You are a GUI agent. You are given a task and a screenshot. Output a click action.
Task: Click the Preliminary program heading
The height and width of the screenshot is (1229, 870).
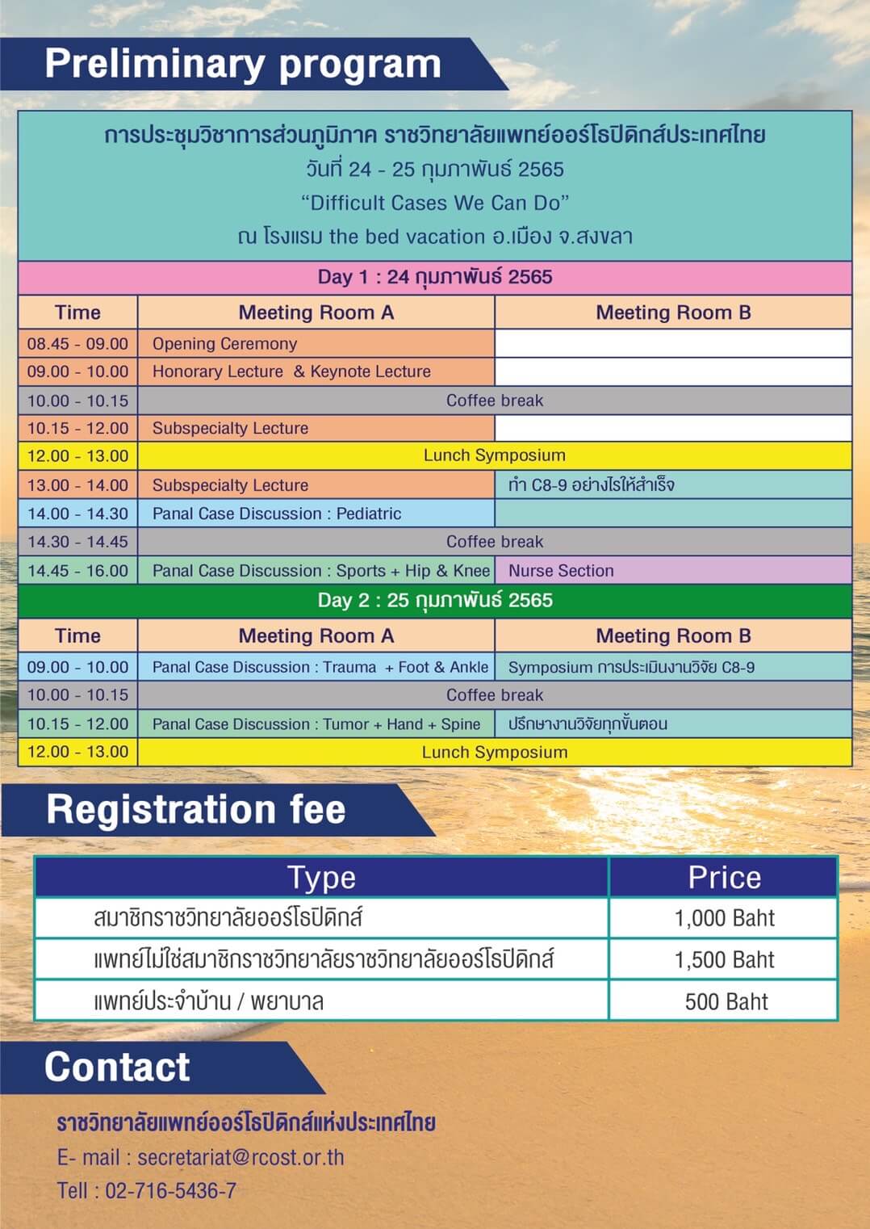242,65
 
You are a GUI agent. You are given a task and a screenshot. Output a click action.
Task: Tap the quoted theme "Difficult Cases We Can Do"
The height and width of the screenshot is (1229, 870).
435,203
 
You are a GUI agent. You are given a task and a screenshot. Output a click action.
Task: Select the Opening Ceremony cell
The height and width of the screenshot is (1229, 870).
316,343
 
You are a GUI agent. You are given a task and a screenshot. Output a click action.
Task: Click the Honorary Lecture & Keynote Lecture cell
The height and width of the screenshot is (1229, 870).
316,371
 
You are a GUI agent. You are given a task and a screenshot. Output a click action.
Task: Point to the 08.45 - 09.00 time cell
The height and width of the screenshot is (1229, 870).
77,343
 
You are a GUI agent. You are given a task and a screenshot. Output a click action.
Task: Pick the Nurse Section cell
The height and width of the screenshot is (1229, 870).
673,570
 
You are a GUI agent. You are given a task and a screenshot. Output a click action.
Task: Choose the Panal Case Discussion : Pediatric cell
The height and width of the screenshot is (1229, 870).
316,514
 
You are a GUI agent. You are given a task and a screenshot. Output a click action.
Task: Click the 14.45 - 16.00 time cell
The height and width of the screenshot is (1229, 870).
77,570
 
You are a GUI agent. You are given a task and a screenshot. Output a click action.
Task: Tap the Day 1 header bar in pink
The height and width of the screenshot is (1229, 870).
435,277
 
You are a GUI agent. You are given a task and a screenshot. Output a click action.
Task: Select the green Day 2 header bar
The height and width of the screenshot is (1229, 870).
435,600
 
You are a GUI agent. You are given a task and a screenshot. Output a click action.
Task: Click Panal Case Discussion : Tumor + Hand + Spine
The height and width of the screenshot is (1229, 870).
316,724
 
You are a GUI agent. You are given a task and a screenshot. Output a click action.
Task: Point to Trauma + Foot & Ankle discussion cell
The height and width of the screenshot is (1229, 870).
316,667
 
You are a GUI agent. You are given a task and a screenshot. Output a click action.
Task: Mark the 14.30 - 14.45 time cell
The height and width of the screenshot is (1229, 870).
77,542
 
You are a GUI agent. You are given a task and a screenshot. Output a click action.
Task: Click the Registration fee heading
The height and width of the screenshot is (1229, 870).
196,809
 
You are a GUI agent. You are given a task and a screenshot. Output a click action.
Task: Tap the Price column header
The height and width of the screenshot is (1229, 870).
724,877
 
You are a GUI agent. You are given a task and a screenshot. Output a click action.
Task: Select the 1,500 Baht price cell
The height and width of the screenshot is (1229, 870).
724,959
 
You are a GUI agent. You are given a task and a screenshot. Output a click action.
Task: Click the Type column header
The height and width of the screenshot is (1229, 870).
321,877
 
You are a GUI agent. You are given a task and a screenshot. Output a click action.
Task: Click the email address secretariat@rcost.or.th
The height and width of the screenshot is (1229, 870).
241,1157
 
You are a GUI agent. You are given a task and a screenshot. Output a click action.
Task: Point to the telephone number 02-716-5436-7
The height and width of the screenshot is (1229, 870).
170,1190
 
